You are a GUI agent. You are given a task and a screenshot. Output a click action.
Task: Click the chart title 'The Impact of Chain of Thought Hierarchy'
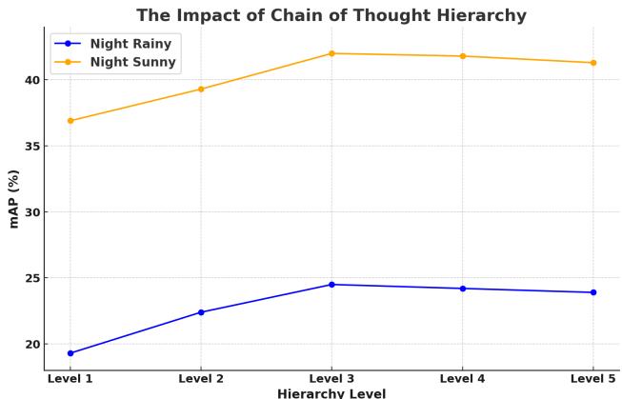click(331, 15)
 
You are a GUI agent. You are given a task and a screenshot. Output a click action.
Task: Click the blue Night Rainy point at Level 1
click(70, 353)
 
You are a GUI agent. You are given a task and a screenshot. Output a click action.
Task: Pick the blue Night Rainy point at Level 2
click(201, 312)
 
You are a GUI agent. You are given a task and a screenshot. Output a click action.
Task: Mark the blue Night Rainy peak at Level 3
click(331, 285)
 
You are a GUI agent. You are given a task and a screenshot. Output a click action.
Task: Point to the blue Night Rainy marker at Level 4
click(463, 289)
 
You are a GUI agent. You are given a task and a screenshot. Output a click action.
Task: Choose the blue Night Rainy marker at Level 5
click(593, 292)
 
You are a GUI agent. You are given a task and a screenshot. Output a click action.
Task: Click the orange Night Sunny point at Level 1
click(70, 121)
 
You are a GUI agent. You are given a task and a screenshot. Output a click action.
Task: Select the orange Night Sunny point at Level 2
click(201, 90)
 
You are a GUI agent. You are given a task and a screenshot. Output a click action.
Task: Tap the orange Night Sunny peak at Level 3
click(331, 53)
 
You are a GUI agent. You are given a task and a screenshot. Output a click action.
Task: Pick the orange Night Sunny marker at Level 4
click(463, 56)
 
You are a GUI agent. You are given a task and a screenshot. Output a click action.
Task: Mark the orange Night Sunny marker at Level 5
click(593, 63)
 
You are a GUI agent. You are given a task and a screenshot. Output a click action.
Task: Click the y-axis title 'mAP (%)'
click(13, 198)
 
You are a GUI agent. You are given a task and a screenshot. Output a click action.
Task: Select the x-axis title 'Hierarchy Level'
click(331, 392)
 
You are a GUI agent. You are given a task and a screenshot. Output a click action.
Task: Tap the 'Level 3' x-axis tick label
click(331, 378)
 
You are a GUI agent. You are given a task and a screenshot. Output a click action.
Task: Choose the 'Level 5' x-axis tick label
click(592, 378)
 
